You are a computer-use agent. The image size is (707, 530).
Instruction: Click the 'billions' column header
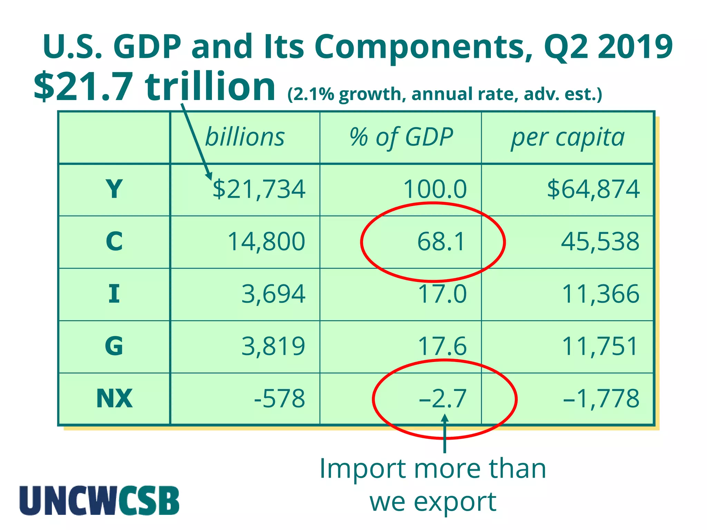[x=245, y=137]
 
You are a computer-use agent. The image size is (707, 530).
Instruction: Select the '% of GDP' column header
[x=401, y=137]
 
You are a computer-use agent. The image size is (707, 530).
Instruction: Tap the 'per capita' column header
[x=568, y=137]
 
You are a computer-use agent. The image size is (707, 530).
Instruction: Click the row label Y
[x=114, y=189]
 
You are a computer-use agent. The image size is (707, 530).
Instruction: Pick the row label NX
[x=114, y=399]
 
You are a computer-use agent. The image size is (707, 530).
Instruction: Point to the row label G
[x=114, y=346]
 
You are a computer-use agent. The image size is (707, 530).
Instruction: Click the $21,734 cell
[x=259, y=189]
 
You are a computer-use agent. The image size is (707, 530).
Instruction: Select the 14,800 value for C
[x=266, y=242]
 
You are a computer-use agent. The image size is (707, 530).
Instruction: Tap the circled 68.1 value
[x=442, y=242]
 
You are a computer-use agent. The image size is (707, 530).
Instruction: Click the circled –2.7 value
[x=443, y=399]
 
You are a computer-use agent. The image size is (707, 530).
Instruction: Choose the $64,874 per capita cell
[x=593, y=189]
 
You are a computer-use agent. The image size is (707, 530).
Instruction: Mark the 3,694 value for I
[x=273, y=294]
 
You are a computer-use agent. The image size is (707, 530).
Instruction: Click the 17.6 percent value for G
[x=442, y=346]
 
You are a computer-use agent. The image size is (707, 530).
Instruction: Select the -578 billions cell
[x=279, y=399]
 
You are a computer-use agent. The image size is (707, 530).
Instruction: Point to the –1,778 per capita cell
[x=601, y=399]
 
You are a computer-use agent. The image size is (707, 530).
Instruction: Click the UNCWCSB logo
[x=99, y=501]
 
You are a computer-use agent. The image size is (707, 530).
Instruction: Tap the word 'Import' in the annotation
[x=362, y=469]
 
